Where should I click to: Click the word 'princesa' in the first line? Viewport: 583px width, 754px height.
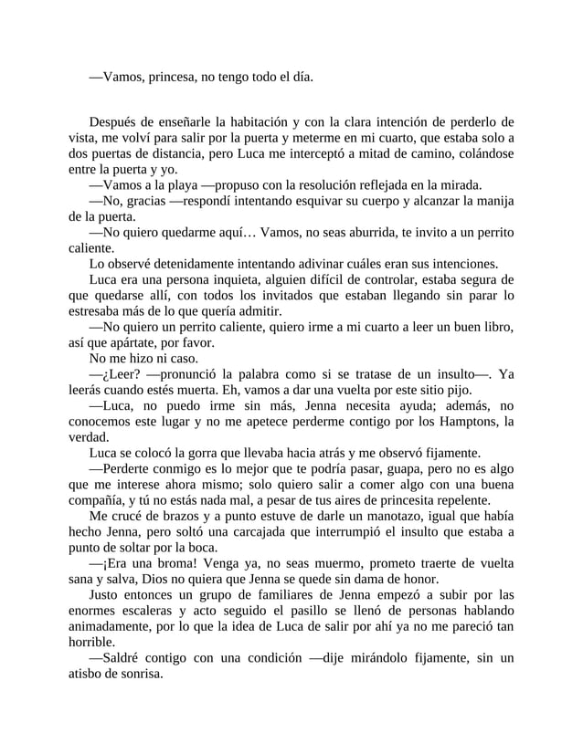pyautogui.click(x=162, y=78)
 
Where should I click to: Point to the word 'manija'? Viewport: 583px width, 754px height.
pyautogui.click(x=490, y=200)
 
